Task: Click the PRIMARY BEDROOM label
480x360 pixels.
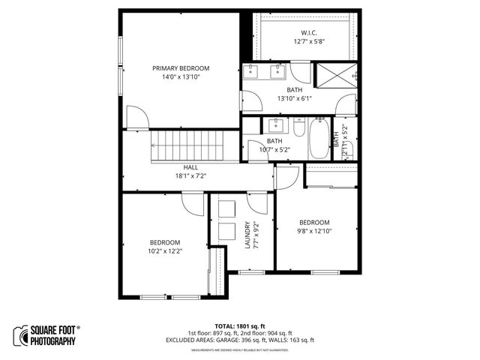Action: tap(180, 68)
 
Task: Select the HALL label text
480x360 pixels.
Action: tap(190, 167)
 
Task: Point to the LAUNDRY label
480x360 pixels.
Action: tap(247, 234)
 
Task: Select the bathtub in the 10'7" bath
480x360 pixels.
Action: tap(319, 137)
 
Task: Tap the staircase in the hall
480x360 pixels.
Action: tap(187, 145)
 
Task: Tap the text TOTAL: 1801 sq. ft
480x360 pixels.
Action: tap(239, 326)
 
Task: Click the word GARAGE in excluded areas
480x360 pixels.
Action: tap(228, 340)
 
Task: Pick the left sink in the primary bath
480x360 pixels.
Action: tap(254, 72)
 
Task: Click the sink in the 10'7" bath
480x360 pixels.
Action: tap(274, 124)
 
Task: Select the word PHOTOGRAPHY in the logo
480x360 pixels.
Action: tap(53, 341)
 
